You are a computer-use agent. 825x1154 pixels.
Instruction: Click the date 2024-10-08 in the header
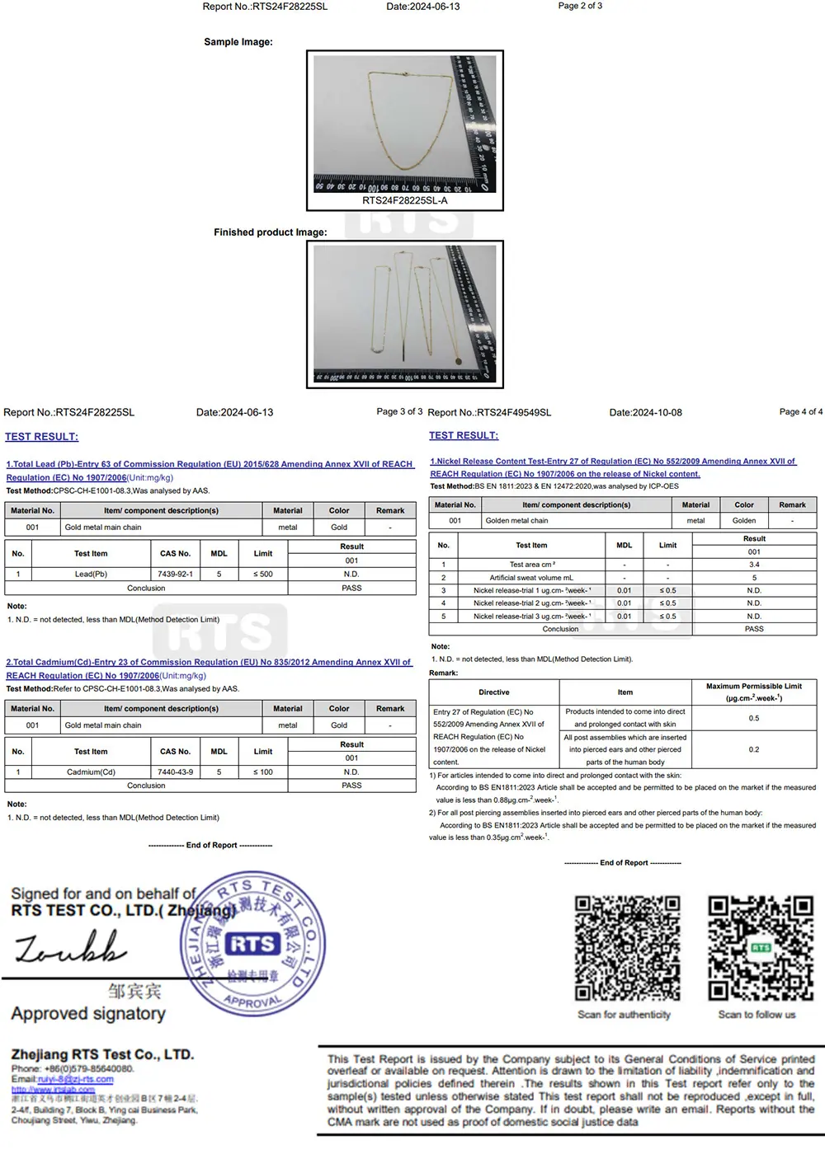point(645,412)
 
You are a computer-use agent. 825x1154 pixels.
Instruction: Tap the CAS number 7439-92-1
point(175,574)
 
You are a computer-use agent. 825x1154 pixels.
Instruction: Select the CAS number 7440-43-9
point(175,772)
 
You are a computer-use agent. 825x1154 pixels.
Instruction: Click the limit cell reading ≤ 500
point(262,574)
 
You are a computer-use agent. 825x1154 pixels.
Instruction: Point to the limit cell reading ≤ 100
point(262,772)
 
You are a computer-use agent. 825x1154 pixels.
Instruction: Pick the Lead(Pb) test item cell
point(91,574)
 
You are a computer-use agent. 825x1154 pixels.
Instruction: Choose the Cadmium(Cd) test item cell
point(91,772)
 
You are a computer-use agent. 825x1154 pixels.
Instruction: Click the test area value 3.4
point(754,565)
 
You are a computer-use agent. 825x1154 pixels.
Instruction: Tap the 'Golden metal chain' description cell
point(516,521)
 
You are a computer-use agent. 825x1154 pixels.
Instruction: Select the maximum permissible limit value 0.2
point(754,749)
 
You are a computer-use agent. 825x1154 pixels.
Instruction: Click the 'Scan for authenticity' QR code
point(627,949)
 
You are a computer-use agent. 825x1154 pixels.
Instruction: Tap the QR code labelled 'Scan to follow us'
point(760,949)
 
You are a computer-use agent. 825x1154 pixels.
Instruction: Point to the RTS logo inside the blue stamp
point(252,945)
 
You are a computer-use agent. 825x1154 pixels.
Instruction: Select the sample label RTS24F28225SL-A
point(405,200)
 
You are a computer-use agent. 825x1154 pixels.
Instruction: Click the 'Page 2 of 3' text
point(580,6)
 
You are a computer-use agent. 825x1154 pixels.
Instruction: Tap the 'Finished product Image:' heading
point(270,232)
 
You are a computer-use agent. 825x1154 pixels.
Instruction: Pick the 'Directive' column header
point(493,692)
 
